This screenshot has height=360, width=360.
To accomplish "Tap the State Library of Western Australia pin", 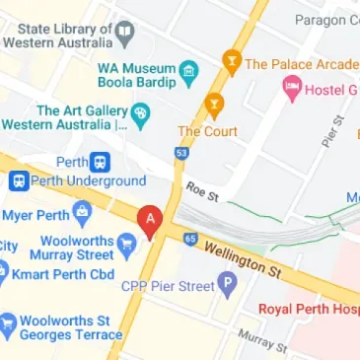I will (124, 34).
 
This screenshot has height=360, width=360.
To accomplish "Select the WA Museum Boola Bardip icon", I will (188, 73).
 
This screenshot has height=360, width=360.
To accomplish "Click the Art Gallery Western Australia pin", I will (140, 116).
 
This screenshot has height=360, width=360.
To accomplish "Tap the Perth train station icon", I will (100, 162).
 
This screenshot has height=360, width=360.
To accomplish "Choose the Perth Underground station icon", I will (19, 181).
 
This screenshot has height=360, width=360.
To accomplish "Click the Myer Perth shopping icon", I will (83, 211).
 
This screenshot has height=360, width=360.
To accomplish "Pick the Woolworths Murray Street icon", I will (126, 243).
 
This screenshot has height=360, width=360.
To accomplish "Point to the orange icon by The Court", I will (213, 106).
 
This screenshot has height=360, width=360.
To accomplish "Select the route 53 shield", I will (180, 155).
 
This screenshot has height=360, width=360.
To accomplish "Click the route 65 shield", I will (190, 238).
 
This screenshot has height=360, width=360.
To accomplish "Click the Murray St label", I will (261, 340).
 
